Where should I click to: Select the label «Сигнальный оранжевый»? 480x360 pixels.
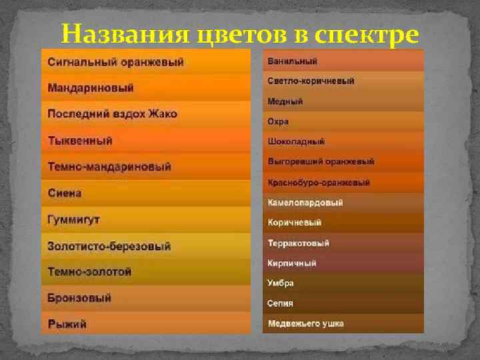tap(115, 62)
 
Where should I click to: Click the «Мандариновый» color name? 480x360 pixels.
tap(91, 88)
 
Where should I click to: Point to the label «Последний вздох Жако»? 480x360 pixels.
tap(112, 114)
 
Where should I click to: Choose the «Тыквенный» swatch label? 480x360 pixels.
tap(80, 141)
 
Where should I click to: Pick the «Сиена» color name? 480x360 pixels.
tap(65, 193)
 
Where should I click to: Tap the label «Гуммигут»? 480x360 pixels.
tap(73, 219)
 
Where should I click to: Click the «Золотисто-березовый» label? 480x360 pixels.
tap(109, 246)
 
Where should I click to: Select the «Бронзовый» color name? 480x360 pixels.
tap(79, 298)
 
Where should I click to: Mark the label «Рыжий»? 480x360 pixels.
tap(67, 324)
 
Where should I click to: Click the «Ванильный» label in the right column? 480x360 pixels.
tap(292, 61)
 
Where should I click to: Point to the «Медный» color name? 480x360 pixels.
tap(285, 101)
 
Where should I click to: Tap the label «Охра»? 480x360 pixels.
tap(278, 122)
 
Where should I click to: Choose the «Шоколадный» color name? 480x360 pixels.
tap(296, 142)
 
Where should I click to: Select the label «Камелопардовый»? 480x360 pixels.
tap(305, 203)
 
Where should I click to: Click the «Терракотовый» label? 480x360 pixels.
tap(298, 243)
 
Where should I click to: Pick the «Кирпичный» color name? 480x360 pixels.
tap(291, 263)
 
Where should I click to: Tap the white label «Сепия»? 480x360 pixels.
tap(280, 303)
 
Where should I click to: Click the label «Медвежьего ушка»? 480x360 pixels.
tap(305, 323)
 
